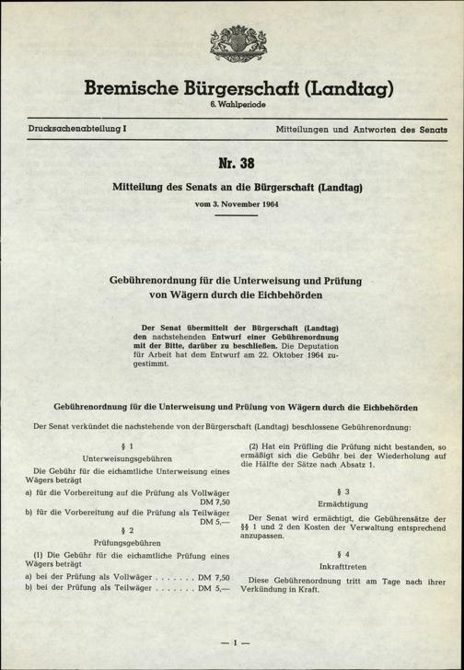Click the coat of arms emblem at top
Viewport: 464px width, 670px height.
point(232,45)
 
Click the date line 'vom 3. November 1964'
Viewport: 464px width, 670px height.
point(232,203)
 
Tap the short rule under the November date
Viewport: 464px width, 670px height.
point(232,217)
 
